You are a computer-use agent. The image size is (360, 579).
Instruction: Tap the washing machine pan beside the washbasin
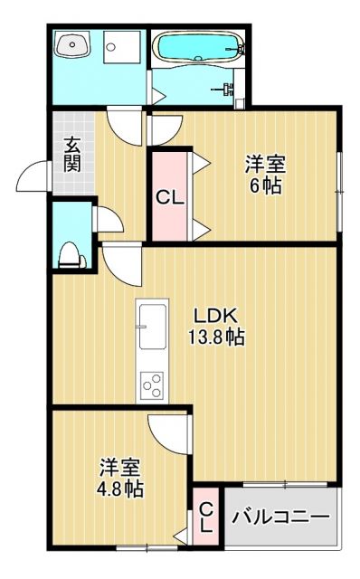pos(119,45)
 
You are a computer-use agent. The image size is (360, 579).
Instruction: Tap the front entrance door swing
pos(36,177)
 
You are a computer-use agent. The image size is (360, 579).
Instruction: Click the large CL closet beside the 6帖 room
pos(168,196)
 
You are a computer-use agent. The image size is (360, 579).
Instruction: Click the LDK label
pos(217,316)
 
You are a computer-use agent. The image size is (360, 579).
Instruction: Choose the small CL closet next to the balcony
pos(205,517)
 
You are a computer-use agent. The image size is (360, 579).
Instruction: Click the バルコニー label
pos(279,517)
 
